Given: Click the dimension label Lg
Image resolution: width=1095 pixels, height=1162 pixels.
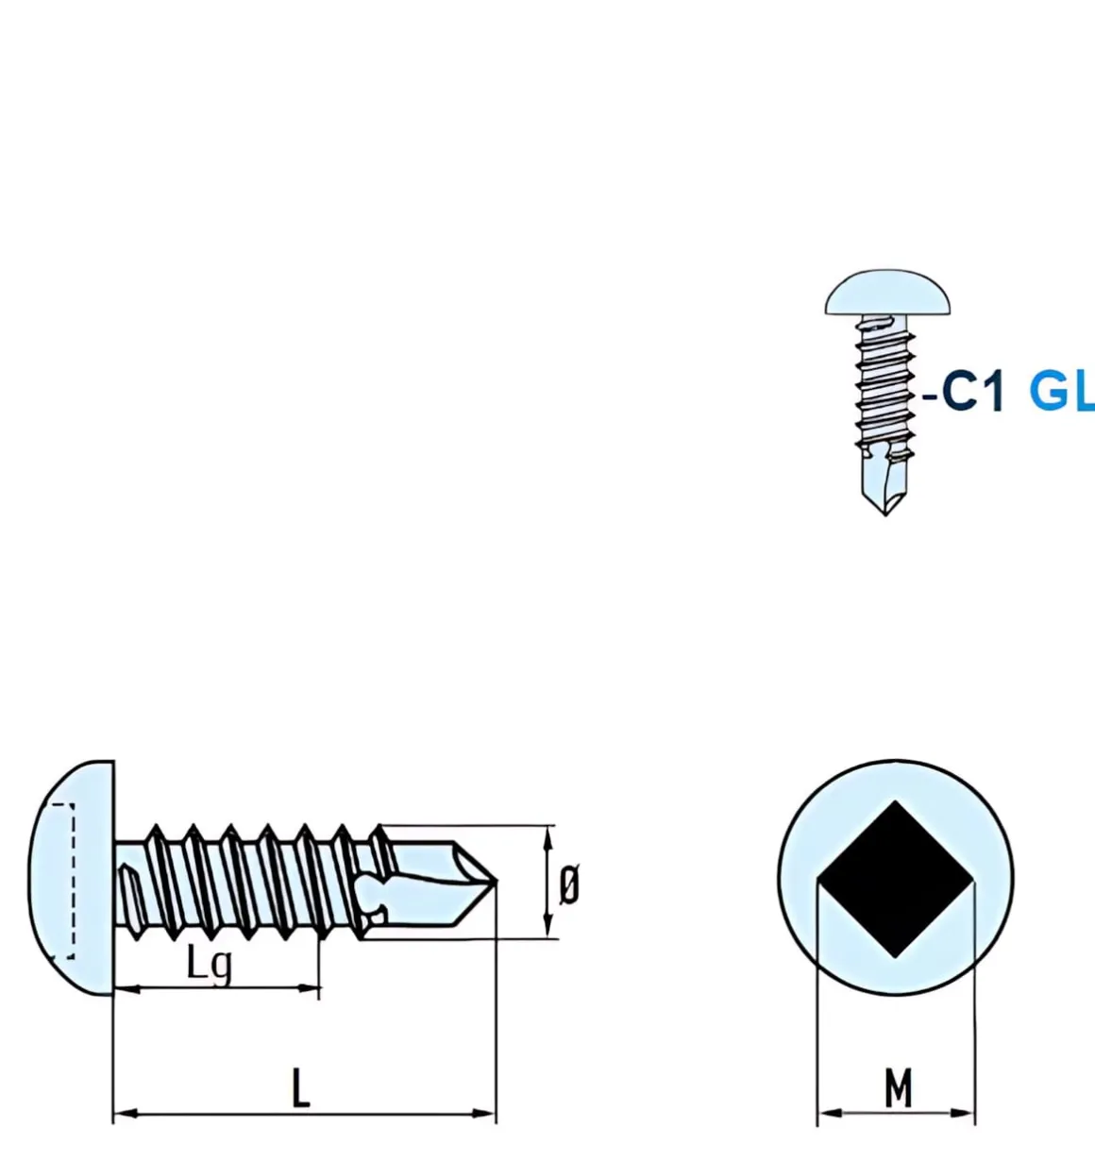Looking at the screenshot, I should [x=209, y=965].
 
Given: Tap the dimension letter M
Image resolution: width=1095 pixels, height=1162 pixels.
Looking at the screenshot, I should [x=898, y=1088].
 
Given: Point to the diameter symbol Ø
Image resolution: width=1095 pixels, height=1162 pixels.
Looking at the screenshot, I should [x=569, y=885].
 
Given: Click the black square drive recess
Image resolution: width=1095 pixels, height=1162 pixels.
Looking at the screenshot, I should [x=895, y=879].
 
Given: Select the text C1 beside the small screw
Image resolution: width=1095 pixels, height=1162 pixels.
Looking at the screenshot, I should [x=972, y=390].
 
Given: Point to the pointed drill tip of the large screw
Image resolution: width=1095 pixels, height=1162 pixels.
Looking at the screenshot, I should [x=486, y=883].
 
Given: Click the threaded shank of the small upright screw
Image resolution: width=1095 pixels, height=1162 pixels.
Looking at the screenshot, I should [x=884, y=387].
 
